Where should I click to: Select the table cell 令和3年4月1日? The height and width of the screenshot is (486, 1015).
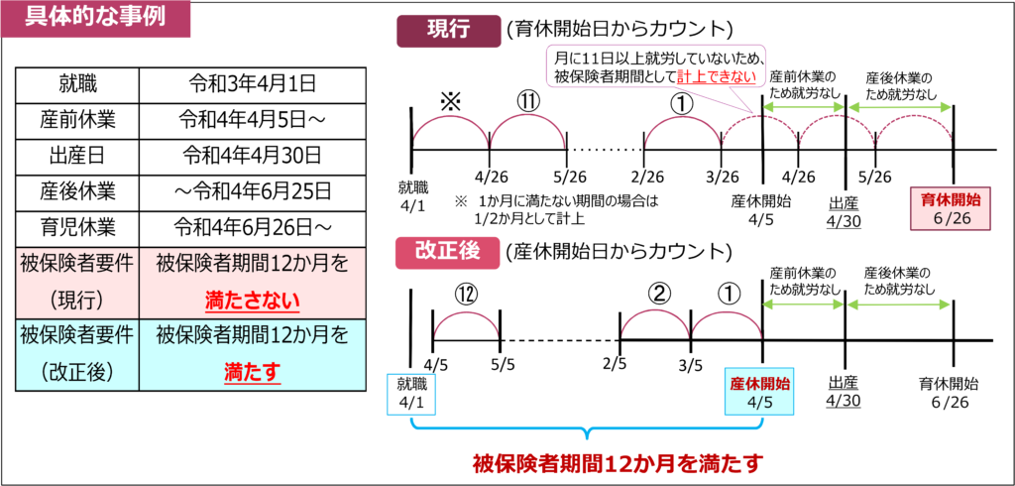click(x=253, y=83)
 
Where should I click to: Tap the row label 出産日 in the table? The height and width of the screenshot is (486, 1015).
click(x=76, y=156)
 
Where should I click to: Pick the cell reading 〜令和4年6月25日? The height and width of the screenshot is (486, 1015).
click(x=253, y=191)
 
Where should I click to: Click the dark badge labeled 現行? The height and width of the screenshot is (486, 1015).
click(x=449, y=31)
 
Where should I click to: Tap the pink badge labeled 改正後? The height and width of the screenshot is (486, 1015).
click(x=448, y=253)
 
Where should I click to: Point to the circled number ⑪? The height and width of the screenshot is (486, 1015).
click(x=528, y=102)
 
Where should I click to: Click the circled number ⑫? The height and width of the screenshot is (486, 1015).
click(x=466, y=296)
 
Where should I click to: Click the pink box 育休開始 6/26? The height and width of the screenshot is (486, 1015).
click(x=951, y=208)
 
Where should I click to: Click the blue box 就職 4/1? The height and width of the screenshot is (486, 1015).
click(x=411, y=394)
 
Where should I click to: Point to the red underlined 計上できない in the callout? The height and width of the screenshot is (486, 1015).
click(x=717, y=77)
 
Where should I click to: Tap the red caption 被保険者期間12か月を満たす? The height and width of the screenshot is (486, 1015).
click(x=619, y=464)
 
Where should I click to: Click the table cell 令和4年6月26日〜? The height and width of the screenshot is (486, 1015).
click(x=253, y=228)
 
